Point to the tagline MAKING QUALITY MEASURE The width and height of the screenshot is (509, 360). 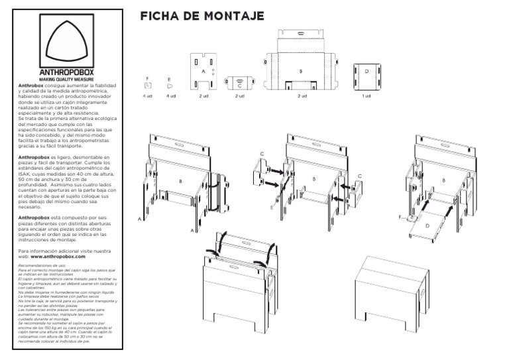tap(69, 80)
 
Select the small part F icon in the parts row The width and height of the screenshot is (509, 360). tap(148, 84)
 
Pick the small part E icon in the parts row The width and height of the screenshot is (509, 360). tap(170, 85)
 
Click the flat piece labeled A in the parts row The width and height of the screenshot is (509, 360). tap(203, 70)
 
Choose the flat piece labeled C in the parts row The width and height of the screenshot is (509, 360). tap(239, 83)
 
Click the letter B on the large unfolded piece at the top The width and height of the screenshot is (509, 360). tap(301, 70)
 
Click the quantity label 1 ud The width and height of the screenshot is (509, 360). tap(367, 96)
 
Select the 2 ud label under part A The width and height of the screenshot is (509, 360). tap(203, 96)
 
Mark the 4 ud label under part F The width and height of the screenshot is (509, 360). tap(148, 96)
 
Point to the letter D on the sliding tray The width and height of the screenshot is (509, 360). tap(426, 226)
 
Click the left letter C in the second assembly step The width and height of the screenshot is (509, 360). tap(262, 154)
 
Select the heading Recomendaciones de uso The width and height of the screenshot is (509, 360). tap(40, 265)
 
